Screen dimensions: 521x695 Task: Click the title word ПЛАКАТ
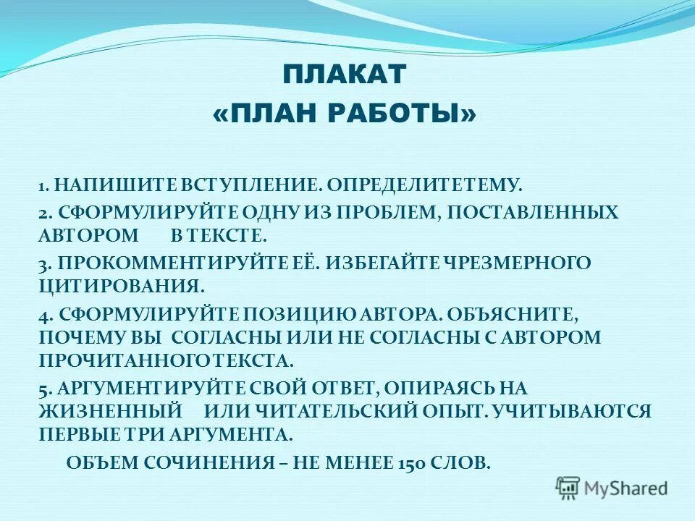pyautogui.click(x=345, y=74)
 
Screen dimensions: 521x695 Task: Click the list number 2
pyautogui.click(x=43, y=213)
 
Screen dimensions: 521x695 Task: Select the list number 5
pyautogui.click(x=43, y=389)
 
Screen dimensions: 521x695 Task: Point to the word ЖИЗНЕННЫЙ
pyautogui.click(x=109, y=412)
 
